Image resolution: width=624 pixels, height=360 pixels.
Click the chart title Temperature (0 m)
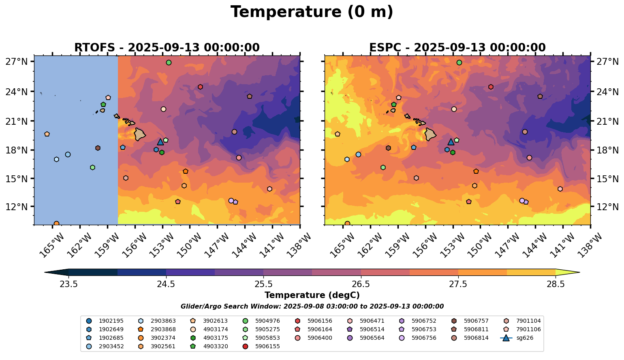[x=312, y=12]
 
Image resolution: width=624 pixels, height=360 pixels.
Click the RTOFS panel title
[x=167, y=48]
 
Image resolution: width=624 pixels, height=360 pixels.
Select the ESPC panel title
[x=457, y=48]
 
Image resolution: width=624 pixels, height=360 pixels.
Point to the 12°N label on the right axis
[x=608, y=207]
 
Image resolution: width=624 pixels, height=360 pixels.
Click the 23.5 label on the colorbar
[x=68, y=284]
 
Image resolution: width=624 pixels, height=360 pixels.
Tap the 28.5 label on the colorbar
[x=556, y=284]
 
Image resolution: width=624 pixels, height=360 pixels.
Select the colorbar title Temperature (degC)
[x=312, y=295]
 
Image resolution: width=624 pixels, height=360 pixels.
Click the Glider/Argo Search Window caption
[x=312, y=307]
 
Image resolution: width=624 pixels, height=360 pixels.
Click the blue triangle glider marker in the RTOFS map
[x=160, y=142]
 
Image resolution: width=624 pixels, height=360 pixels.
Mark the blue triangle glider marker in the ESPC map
[x=451, y=142]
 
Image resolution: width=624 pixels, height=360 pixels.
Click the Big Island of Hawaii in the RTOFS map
[x=140, y=134]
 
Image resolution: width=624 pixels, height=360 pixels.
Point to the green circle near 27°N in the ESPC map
[x=459, y=62]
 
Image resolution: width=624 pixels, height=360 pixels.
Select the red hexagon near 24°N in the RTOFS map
[x=200, y=87]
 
